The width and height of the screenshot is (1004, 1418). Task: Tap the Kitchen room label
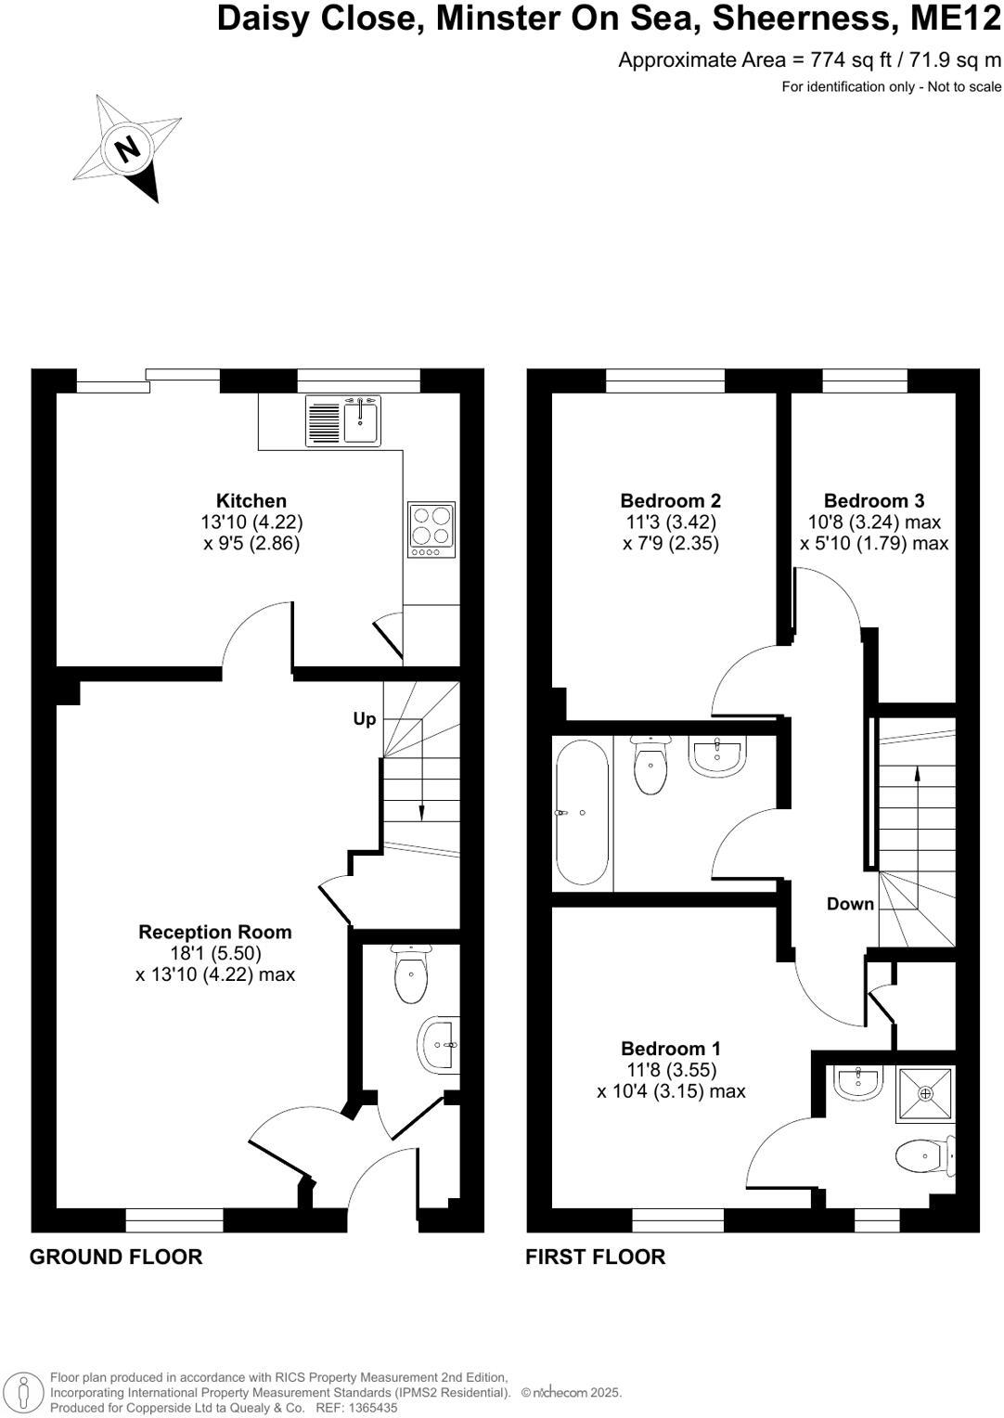pyautogui.click(x=251, y=501)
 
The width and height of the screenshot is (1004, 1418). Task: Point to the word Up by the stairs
pyautogui.click(x=365, y=719)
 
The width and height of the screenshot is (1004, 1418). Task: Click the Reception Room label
pyautogui.click(x=215, y=932)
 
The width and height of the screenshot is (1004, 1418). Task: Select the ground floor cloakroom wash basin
pyautogui.click(x=440, y=1045)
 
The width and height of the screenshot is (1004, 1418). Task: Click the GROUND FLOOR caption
pyautogui.click(x=116, y=1257)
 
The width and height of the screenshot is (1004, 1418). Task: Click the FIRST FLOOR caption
pyautogui.click(x=596, y=1257)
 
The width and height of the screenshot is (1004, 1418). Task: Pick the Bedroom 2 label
pyautogui.click(x=671, y=501)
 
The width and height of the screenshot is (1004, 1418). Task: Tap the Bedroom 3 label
pyautogui.click(x=874, y=501)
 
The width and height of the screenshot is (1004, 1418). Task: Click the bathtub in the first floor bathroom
pyautogui.click(x=582, y=813)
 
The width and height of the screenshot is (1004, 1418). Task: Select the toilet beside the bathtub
pyautogui.click(x=650, y=767)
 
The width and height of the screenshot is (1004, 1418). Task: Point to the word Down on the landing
pyautogui.click(x=850, y=904)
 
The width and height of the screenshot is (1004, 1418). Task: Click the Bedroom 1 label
pyautogui.click(x=671, y=1049)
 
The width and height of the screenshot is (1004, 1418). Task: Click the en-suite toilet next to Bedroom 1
pyautogui.click(x=922, y=1155)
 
